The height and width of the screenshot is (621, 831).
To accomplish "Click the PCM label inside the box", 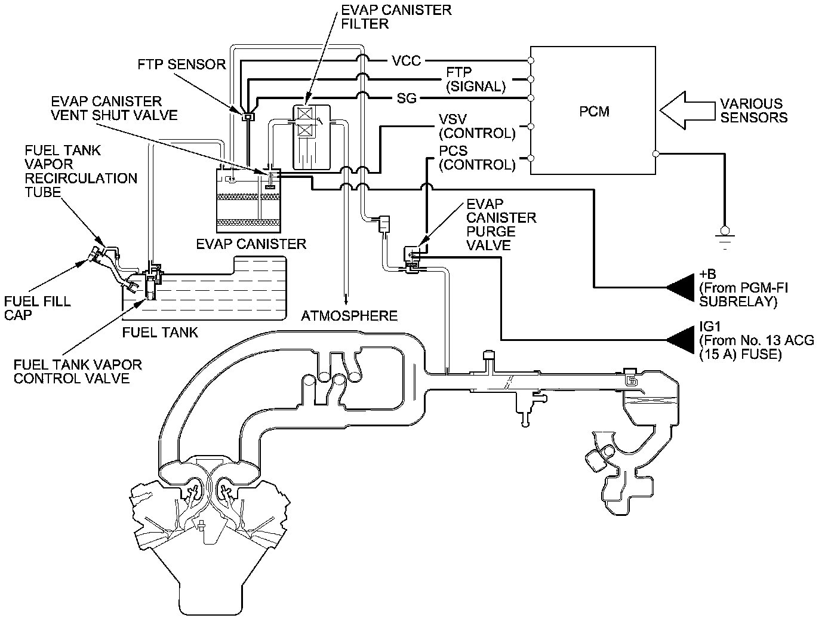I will point(595,111).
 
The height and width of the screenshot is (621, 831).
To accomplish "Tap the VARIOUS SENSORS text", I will point(753,110).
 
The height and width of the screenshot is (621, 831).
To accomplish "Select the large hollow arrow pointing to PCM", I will point(687,110).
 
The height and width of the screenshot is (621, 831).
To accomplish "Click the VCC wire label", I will point(407,61).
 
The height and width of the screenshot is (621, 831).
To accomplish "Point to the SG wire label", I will point(407,99).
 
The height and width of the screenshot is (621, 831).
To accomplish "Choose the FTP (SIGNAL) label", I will point(475,79).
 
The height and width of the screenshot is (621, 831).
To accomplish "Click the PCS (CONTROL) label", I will point(476,158).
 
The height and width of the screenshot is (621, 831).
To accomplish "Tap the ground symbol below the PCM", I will point(725,234).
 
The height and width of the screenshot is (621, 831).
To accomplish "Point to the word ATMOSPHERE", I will point(349,315).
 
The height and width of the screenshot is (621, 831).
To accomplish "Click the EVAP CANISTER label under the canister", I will point(251,244).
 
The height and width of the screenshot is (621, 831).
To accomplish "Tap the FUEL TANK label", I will point(159,332).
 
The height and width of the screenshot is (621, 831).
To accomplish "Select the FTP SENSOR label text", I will point(181,64).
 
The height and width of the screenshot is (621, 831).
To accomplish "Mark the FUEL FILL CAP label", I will point(37,308).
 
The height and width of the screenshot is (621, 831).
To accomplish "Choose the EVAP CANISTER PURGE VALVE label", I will point(501,225).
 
